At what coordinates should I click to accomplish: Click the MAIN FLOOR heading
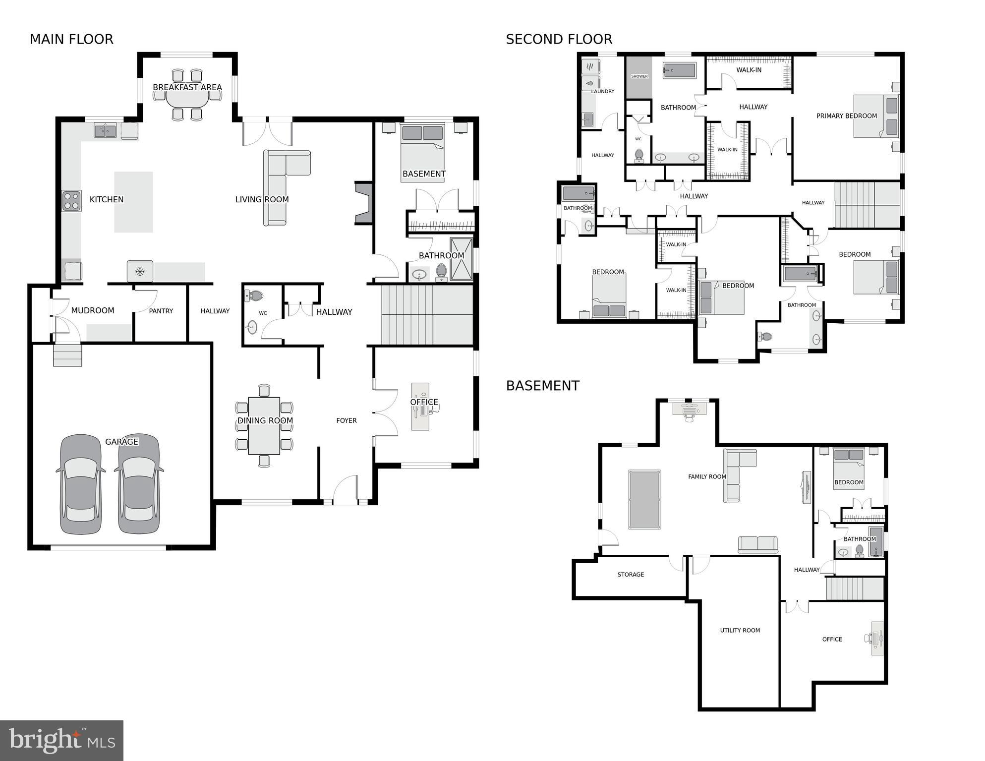pos(71,39)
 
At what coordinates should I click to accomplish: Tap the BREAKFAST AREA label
pos(187,87)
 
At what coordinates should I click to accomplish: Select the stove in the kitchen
pos(71,201)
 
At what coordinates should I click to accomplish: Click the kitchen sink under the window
pos(105,130)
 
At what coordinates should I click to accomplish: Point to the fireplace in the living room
pos(363,203)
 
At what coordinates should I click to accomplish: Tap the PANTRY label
pos(161,311)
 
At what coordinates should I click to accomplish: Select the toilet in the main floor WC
pos(254,296)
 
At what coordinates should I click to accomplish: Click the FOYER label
pos(346,420)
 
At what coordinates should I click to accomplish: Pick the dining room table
pos(264,425)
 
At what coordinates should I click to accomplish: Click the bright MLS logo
pos(61,741)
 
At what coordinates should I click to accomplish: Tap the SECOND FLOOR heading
pos(559,39)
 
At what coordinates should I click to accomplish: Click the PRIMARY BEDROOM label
pos(846,116)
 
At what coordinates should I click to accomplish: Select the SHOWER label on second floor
pos(639,76)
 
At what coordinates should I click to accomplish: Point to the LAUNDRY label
pos(602,91)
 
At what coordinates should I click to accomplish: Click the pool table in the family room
pos(644,500)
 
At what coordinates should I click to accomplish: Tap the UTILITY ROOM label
pos(740,630)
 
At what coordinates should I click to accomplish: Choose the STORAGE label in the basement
pos(631,575)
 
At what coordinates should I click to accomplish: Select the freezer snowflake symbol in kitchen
pos(140,271)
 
